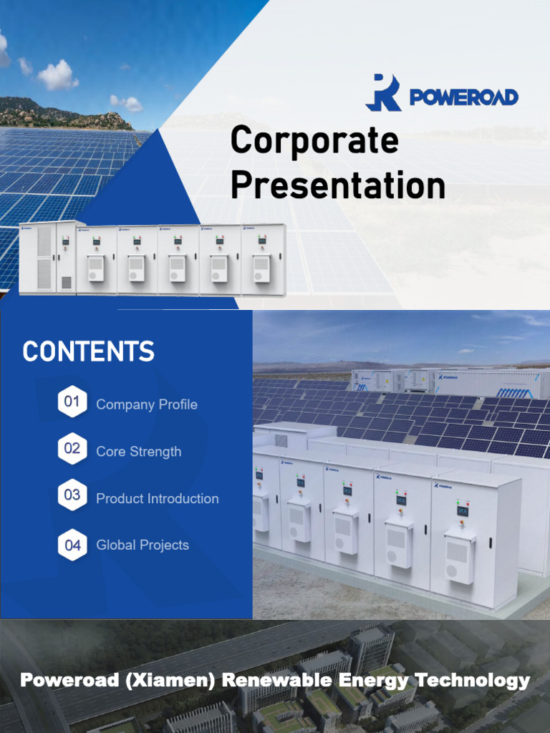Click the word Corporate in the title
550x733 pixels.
pos(314,140)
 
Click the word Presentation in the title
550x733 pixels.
pos(337,185)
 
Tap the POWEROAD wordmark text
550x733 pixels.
pos(463,97)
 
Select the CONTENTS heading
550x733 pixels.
pos(88,352)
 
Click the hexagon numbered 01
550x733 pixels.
pos(72,402)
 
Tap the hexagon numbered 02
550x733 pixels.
pos(72,449)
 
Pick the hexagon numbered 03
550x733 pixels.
pos(72,495)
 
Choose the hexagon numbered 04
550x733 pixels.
pos(72,545)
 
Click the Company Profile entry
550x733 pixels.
pos(147,404)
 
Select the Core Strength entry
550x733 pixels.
pos(139,452)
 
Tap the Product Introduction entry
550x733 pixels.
pos(158,499)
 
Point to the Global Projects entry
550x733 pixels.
pos(143,545)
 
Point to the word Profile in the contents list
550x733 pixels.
pos(178,404)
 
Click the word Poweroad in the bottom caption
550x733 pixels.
pos(69,680)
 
